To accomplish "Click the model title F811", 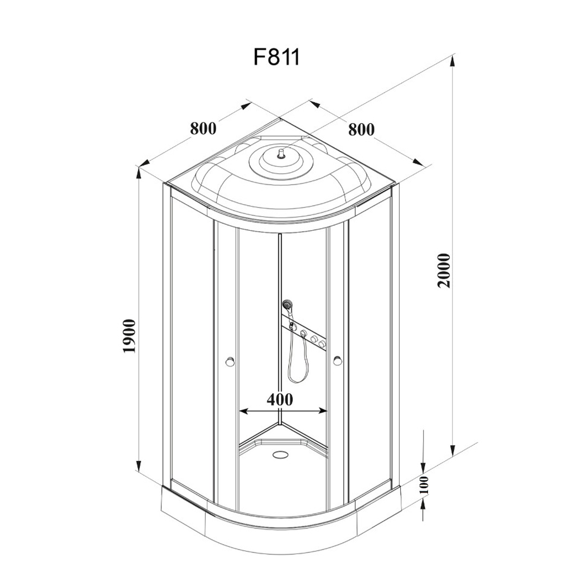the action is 276,57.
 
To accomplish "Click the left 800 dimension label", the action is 203,128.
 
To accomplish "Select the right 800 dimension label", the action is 361,129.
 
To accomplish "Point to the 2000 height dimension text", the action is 445,270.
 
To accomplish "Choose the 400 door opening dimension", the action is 280,400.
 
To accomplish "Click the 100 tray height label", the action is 424,485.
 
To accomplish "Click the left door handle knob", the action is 230,361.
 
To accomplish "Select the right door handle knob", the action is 337,361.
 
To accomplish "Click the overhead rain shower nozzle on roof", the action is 281,153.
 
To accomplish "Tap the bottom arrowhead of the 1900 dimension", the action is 138,465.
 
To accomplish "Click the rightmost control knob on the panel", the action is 322,344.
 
